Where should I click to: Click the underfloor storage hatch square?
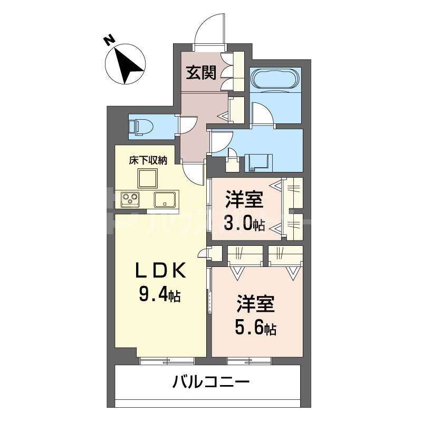tap(148, 178)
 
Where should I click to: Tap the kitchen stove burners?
tap(130, 200)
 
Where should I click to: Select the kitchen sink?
tap(166, 200)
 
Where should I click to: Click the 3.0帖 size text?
tap(245, 224)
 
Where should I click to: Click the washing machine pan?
tap(260, 161)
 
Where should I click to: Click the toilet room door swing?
tap(188, 124)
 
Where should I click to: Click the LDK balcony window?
tap(167, 361)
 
